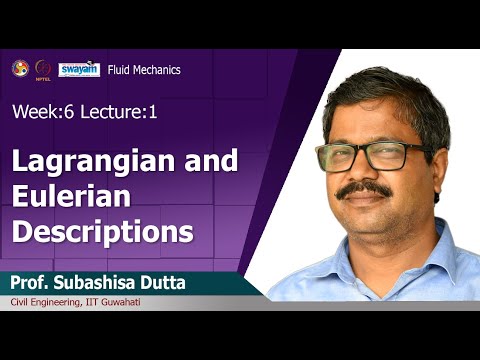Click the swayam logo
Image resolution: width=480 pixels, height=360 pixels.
click(x=78, y=68)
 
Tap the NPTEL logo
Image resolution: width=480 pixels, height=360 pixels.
click(x=42, y=68)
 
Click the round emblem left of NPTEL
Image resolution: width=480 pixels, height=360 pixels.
click(x=19, y=67)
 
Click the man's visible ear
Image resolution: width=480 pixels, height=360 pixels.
click(x=443, y=160)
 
